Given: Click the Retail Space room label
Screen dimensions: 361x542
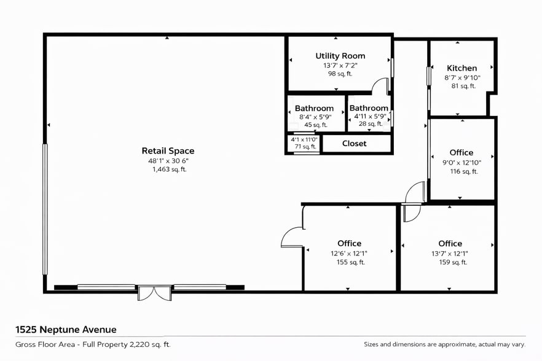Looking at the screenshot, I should pyautogui.click(x=168, y=150).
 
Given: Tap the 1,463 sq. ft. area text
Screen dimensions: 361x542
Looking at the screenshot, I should pyautogui.click(x=169, y=169).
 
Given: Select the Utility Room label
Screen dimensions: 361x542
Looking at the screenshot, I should pyautogui.click(x=340, y=56).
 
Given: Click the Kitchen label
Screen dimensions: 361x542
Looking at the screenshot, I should pyautogui.click(x=461, y=68).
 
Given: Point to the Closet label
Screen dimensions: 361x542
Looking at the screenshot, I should pyautogui.click(x=354, y=144).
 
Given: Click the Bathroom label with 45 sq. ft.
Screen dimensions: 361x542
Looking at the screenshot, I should pyautogui.click(x=314, y=108).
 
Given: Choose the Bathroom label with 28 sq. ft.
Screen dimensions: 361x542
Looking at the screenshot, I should pyautogui.click(x=369, y=108).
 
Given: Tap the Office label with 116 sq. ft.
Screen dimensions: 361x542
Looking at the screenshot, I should pyautogui.click(x=461, y=152).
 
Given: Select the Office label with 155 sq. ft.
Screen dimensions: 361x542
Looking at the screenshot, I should pyautogui.click(x=349, y=243).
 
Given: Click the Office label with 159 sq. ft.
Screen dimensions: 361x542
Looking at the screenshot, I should pyautogui.click(x=450, y=243).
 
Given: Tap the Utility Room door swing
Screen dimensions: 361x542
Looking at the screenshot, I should pyautogui.click(x=380, y=86).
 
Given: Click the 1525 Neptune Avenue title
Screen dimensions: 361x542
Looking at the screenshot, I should pyautogui.click(x=66, y=330).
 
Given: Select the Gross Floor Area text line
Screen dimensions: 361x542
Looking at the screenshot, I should pyautogui.click(x=93, y=344).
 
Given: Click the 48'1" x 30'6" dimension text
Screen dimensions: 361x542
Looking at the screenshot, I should pyautogui.click(x=168, y=160).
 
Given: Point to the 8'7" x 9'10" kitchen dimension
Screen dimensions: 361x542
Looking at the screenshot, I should pyautogui.click(x=462, y=78).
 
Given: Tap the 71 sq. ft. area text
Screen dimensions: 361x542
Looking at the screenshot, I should pyautogui.click(x=304, y=147).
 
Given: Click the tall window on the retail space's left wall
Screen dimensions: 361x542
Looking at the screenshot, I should pyautogui.click(x=44, y=209).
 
